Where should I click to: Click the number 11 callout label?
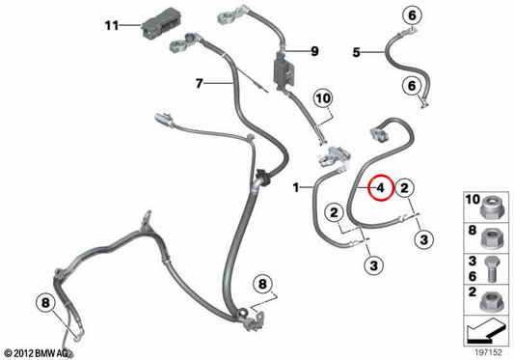coord(112,25)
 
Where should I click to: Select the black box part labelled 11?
coord(161,22)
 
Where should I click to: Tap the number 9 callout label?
coord(314,51)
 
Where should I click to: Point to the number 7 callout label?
coord(199,83)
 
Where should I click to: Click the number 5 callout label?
coord(356,52)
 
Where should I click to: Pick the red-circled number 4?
coord(380,187)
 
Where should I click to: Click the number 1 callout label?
coord(296,187)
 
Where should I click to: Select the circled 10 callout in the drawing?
coord(323,98)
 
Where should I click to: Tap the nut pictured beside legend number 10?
coord(492,208)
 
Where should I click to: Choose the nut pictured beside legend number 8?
coord(492,238)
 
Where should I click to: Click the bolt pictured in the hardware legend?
coord(493,269)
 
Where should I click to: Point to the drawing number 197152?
coord(488,352)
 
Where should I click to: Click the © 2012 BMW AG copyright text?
coord(36,353)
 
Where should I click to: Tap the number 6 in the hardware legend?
coord(472,276)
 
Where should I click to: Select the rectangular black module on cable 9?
coord(284,71)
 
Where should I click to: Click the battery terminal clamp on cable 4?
coord(379,134)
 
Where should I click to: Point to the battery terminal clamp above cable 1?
coord(334,156)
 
